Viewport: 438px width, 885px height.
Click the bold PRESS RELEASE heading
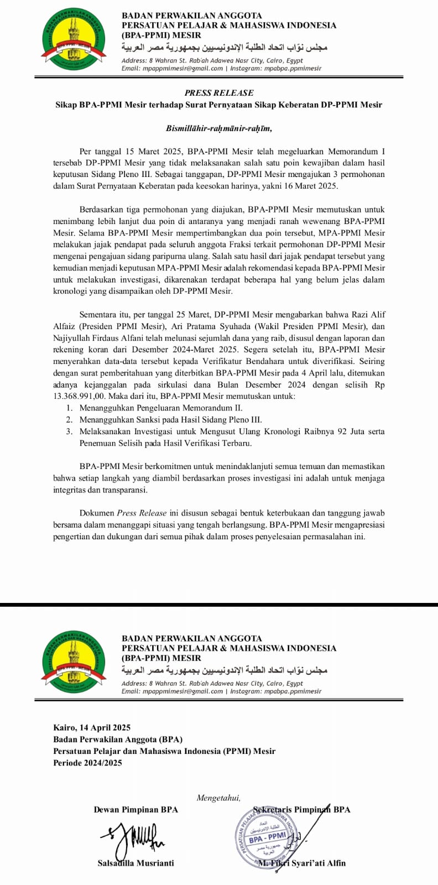click(x=219, y=93)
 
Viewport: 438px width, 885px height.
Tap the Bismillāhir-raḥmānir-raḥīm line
click(x=219, y=128)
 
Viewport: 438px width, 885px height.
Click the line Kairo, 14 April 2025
click(x=92, y=727)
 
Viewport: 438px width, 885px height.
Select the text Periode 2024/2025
click(x=87, y=763)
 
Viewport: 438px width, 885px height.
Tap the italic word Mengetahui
click(x=218, y=798)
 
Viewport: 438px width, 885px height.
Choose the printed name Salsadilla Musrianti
click(x=135, y=863)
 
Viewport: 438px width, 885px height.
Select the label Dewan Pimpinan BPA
click(x=136, y=810)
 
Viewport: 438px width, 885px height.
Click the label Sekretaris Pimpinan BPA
click(x=301, y=810)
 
